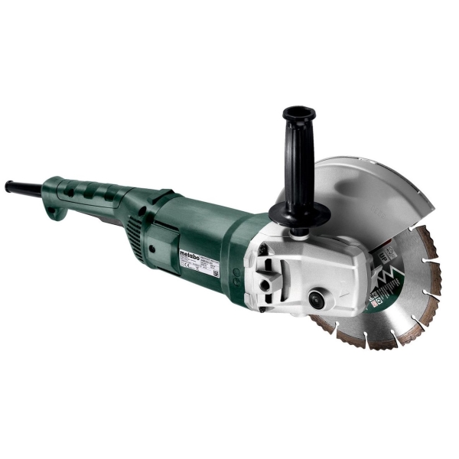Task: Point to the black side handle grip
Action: (297, 149)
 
